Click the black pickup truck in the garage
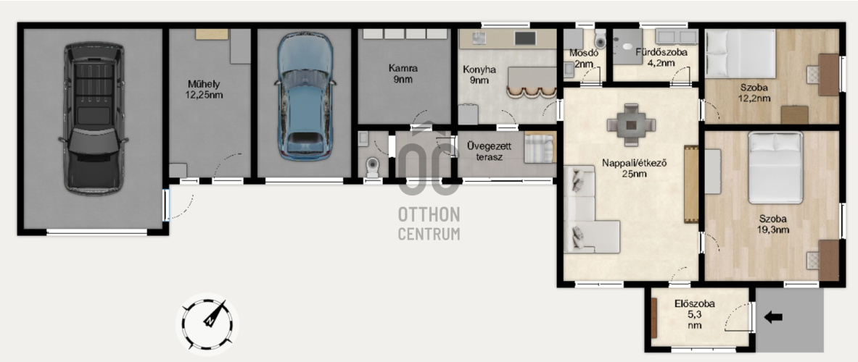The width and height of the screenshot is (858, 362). click(x=94, y=119)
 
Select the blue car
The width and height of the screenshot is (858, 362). click(x=305, y=96)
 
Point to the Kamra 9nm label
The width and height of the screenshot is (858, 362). click(x=403, y=74)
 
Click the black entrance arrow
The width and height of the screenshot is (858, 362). click(x=773, y=317)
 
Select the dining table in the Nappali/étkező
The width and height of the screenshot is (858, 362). click(x=631, y=125)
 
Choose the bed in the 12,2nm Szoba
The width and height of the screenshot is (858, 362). click(x=741, y=54)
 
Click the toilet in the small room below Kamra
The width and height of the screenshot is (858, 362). click(x=374, y=167)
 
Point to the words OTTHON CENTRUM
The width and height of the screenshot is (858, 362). click(x=429, y=223)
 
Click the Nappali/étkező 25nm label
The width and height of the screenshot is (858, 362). click(x=634, y=168)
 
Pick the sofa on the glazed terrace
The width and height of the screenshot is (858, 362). click(x=540, y=148)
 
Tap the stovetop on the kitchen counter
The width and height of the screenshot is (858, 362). click(x=525, y=38)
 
